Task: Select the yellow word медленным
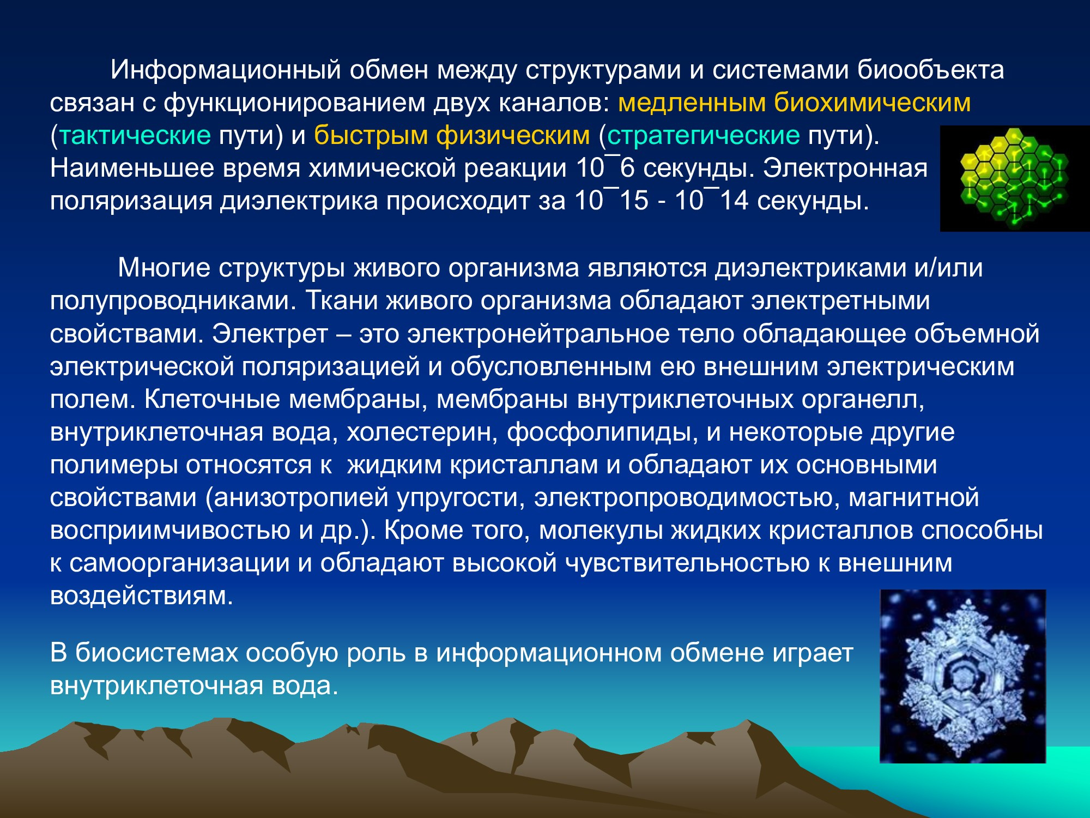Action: click(692, 103)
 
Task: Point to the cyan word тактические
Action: click(135, 135)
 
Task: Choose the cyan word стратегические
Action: click(703, 136)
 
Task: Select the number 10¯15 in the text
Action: click(611, 200)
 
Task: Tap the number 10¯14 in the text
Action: click(712, 200)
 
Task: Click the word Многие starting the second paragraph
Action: click(164, 268)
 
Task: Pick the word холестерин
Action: click(422, 432)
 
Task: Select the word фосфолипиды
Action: click(603, 432)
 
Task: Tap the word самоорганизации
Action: click(179, 563)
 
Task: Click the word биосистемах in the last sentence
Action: click(157, 653)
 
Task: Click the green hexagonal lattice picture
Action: click(1014, 178)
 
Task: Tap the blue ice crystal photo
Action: click(963, 676)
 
